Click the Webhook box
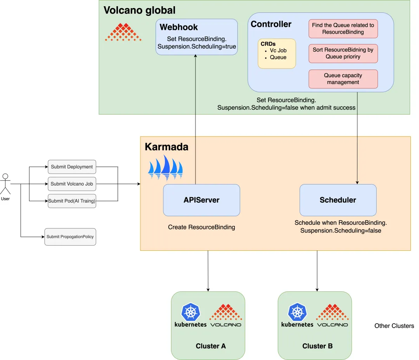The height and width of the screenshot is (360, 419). (x=197, y=37)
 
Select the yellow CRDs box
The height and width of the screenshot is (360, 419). (x=277, y=53)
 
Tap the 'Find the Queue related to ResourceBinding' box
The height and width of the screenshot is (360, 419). (x=343, y=29)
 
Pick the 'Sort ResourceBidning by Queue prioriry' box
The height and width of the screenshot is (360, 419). (x=343, y=53)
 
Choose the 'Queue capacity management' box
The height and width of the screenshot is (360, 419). (x=343, y=79)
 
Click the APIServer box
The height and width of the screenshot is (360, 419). (x=201, y=200)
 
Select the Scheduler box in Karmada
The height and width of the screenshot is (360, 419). (x=338, y=200)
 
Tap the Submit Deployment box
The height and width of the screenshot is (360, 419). (x=72, y=167)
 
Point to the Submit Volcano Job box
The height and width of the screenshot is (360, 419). (x=72, y=184)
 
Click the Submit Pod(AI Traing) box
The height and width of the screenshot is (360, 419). (x=72, y=201)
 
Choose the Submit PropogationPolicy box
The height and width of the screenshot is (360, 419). (x=70, y=236)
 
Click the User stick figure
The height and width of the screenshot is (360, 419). (x=5, y=184)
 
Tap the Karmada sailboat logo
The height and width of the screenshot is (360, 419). (x=166, y=168)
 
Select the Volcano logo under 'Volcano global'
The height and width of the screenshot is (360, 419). (x=123, y=32)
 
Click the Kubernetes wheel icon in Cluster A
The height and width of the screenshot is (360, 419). (x=190, y=312)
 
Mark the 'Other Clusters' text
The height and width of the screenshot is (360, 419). (x=394, y=326)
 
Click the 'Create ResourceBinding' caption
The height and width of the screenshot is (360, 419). (x=201, y=227)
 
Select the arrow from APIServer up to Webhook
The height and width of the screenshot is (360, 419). (x=195, y=120)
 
